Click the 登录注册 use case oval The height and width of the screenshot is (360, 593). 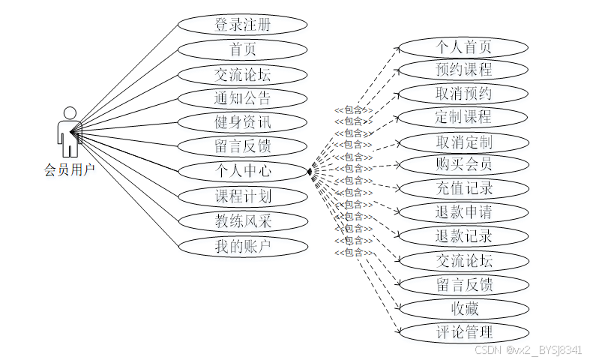pos(243,25)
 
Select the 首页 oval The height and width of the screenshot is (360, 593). pos(243,49)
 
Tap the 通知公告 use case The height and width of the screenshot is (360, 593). pos(243,98)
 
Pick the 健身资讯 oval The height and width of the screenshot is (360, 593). pos(243,122)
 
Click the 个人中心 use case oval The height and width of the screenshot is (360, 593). pos(243,171)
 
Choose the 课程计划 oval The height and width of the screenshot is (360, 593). pos(243,196)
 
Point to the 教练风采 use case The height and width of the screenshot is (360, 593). pos(243,221)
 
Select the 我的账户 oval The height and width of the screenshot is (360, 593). pos(243,246)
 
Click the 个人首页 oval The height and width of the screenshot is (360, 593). pos(463,46)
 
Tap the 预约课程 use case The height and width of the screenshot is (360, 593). pos(463,70)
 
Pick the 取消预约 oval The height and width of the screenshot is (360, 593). pos(463,94)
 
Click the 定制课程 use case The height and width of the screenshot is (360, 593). pos(463,118)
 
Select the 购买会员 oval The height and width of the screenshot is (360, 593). pos(463,164)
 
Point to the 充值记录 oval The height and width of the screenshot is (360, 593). pos(463,188)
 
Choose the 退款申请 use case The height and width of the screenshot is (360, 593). pos(463,212)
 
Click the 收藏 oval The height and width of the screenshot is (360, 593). pos(463,307)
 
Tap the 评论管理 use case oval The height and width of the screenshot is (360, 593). pos(463,331)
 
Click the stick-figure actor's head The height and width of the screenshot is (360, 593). pos(70,113)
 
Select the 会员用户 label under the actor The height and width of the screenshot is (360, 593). pos(70,170)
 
